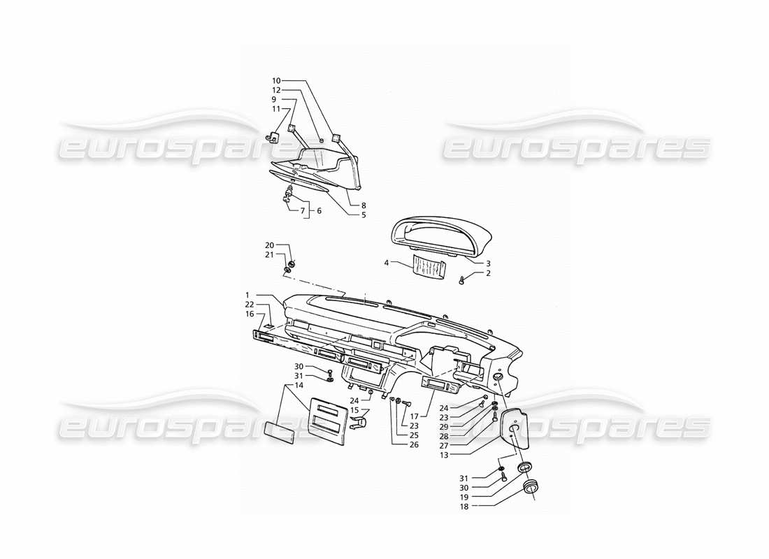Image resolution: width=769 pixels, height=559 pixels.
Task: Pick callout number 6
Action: [x=319, y=210]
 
